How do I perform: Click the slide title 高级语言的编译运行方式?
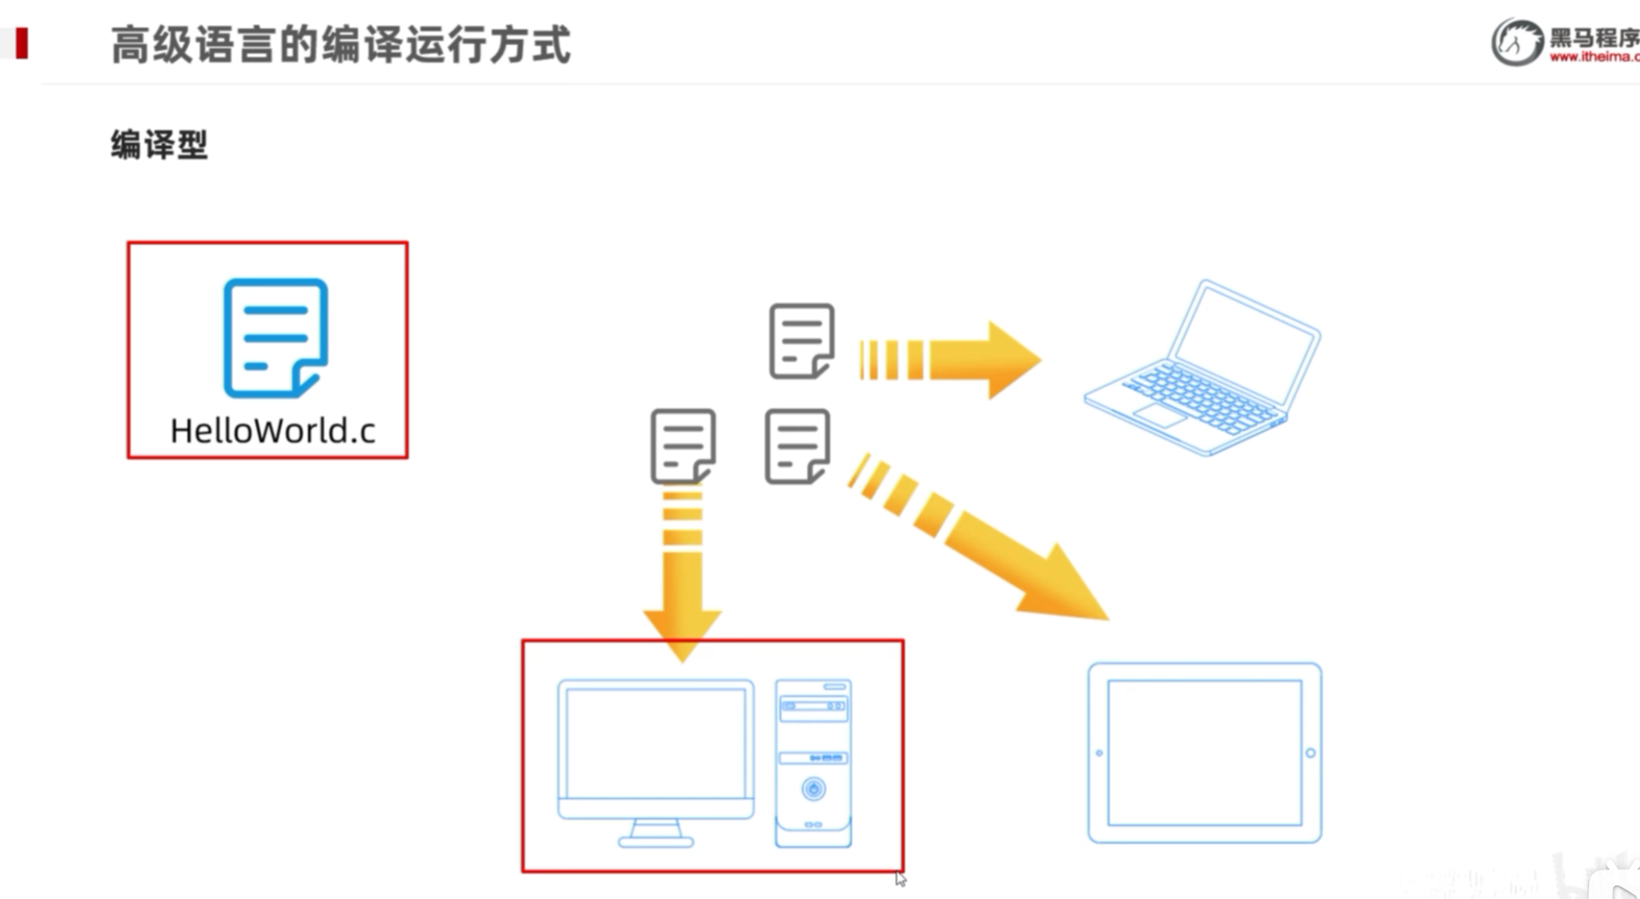340,45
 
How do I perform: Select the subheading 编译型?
159,145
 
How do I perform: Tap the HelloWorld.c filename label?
272,431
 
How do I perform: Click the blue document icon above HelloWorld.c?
275,338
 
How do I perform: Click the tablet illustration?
1204,753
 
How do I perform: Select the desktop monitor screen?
655,743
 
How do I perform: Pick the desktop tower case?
813,762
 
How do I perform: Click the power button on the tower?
813,788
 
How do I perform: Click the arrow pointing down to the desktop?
683,568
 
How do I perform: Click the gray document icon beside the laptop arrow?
801,341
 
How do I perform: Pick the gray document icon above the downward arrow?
683,446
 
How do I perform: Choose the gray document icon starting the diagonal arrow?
797,446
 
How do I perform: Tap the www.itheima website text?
1593,57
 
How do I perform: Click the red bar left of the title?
22,43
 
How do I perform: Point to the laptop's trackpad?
1160,415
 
